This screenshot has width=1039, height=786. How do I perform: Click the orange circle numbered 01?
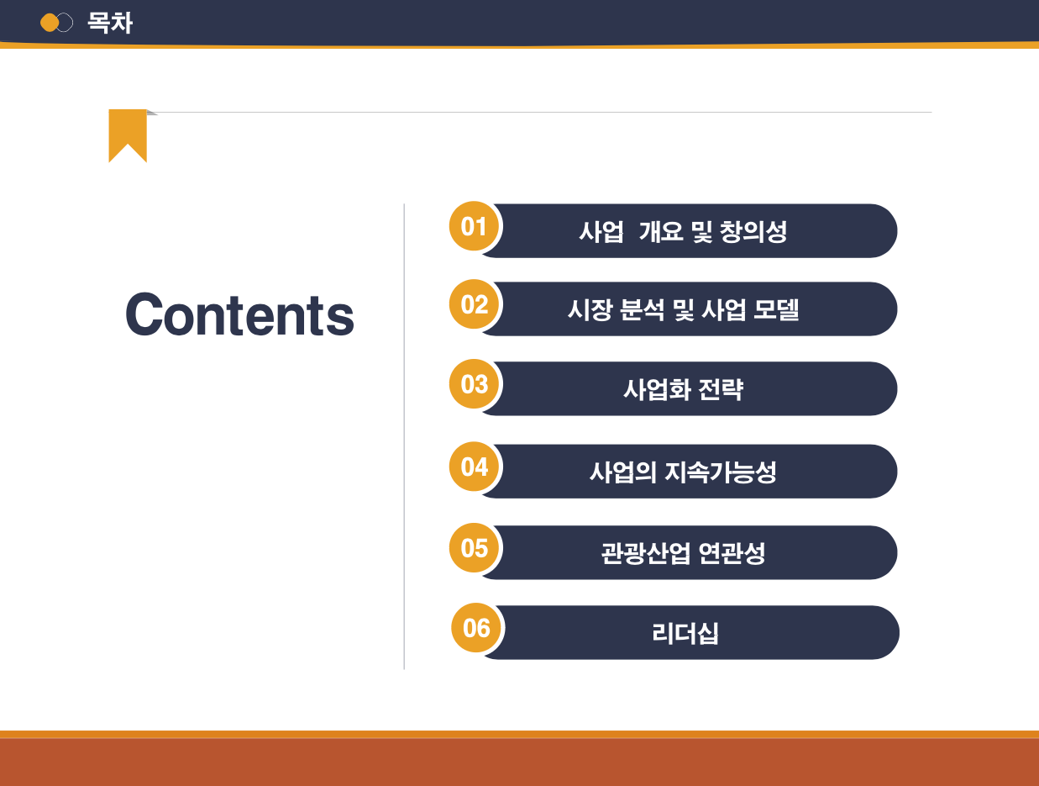click(x=475, y=227)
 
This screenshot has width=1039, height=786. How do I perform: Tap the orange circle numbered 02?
click(x=475, y=304)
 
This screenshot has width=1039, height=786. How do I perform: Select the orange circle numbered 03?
click(x=475, y=384)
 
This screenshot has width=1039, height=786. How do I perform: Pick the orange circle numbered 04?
click(x=475, y=467)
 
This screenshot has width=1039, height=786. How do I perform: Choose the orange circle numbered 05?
click(x=475, y=548)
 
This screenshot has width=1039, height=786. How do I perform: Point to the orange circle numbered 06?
click(x=476, y=628)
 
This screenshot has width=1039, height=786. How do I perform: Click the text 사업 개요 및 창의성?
click(x=683, y=231)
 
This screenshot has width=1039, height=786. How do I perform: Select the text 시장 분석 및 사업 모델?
click(x=683, y=309)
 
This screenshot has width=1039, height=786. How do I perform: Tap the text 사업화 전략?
click(x=683, y=389)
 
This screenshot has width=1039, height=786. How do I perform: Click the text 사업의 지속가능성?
click(x=683, y=472)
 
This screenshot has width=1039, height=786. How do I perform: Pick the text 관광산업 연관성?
click(x=683, y=553)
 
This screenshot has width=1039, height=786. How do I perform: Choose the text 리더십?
click(x=685, y=633)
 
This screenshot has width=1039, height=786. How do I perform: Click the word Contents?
click(x=239, y=315)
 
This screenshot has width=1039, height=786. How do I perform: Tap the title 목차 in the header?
click(x=110, y=23)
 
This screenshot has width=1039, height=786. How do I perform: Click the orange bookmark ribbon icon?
click(x=128, y=135)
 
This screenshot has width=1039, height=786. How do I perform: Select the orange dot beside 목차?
click(x=50, y=23)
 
